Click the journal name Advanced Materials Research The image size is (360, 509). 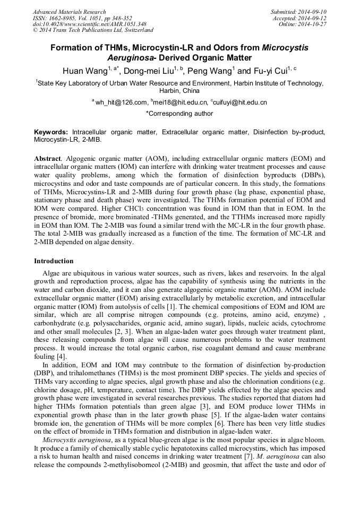pos(69,12)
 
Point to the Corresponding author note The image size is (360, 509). pos(179,114)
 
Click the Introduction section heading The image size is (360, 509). pos(54,261)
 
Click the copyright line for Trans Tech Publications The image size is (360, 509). pos(93,30)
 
